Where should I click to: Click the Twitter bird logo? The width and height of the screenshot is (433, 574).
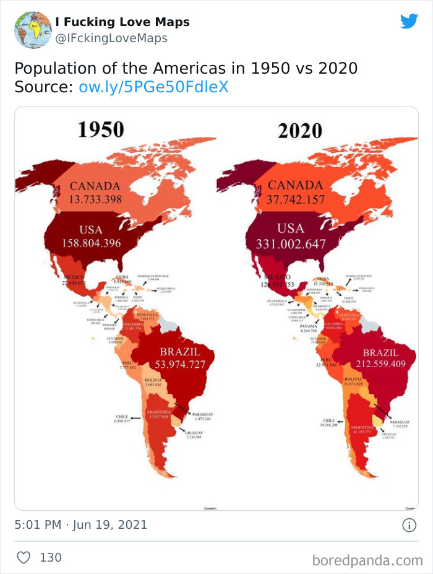[409, 21]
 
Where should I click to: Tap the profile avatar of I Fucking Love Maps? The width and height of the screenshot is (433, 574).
[33, 29]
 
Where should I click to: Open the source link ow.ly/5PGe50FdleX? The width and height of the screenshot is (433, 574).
[153, 87]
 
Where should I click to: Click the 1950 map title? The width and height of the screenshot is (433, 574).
[101, 129]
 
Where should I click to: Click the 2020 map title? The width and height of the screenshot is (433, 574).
[300, 131]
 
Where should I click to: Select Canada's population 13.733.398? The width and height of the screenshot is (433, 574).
[95, 199]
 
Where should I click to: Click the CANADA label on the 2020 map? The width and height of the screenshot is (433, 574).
[295, 185]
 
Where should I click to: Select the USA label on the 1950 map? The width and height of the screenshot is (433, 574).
[90, 229]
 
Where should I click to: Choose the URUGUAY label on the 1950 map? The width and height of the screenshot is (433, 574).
[197, 433]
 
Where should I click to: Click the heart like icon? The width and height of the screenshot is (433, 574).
[24, 557]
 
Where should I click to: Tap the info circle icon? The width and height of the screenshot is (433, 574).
[409, 525]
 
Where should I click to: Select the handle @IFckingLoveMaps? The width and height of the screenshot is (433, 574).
[111, 38]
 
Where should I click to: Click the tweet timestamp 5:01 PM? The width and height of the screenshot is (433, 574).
[37, 525]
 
